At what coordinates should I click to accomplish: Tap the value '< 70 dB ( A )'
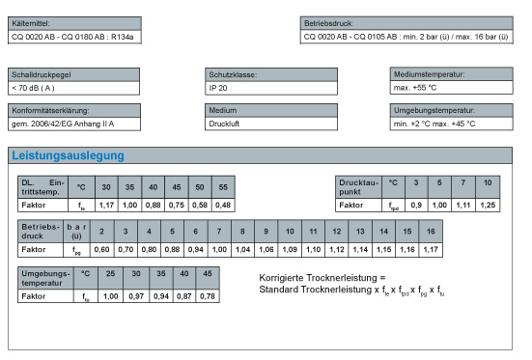[x=34, y=88]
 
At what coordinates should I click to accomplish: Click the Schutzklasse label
[x=234, y=74]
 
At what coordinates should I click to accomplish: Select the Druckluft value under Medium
[x=224, y=124]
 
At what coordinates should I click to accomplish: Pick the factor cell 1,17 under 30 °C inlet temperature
[x=106, y=205]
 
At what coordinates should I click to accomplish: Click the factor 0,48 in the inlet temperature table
[x=223, y=205]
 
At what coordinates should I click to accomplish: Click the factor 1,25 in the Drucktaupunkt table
[x=488, y=205]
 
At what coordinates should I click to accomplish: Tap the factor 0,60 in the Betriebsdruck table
[x=101, y=250]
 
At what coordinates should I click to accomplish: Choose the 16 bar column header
[x=431, y=232]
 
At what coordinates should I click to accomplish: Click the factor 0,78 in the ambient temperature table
[x=206, y=295]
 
